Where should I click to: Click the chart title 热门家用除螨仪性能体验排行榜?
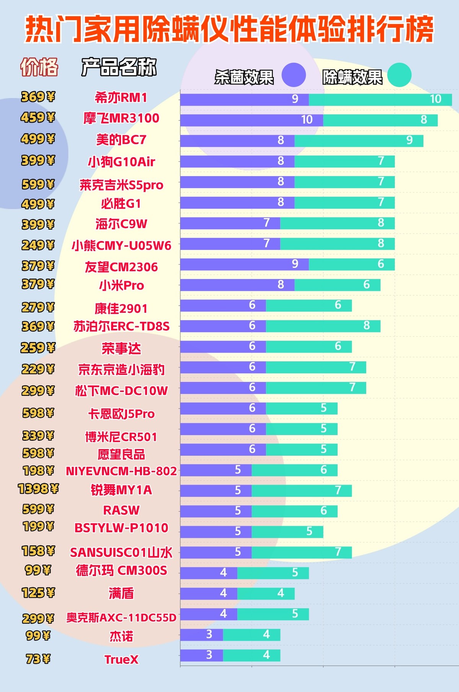pos(229,29)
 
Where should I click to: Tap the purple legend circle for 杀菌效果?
pos(293,75)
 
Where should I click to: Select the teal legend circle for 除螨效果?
pos(399,75)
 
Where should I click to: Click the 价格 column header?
pos(39,67)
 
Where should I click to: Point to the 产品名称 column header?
pos(119,67)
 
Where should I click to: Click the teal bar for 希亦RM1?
pos(380,99)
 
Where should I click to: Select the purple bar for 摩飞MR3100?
pos(251,120)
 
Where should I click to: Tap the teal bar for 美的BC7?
pos(359,141)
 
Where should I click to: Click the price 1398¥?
pos(38,488)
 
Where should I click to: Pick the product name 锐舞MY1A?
pos(121,490)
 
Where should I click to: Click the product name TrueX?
pos(121,659)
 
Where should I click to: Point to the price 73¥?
pos(38,659)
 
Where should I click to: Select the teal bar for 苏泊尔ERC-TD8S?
pos(323,326)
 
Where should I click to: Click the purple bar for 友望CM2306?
pos(244,264)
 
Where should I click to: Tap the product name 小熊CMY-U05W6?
pos(121,245)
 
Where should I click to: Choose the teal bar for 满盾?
pos(266,594)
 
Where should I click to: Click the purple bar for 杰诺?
pos(202,635)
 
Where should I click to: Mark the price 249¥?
pos(38,245)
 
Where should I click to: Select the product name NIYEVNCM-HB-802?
pos(121,471)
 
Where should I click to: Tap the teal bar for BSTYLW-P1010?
pos(287,532)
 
